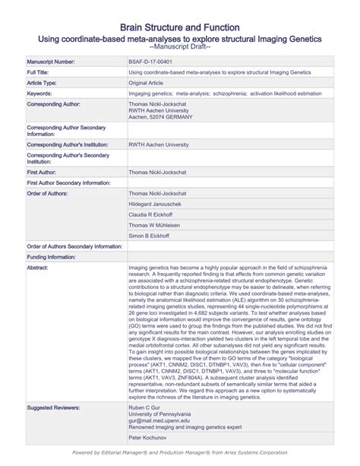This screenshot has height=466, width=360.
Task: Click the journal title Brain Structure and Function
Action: coord(180,27)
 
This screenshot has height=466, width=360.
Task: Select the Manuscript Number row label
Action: coord(51,60)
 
